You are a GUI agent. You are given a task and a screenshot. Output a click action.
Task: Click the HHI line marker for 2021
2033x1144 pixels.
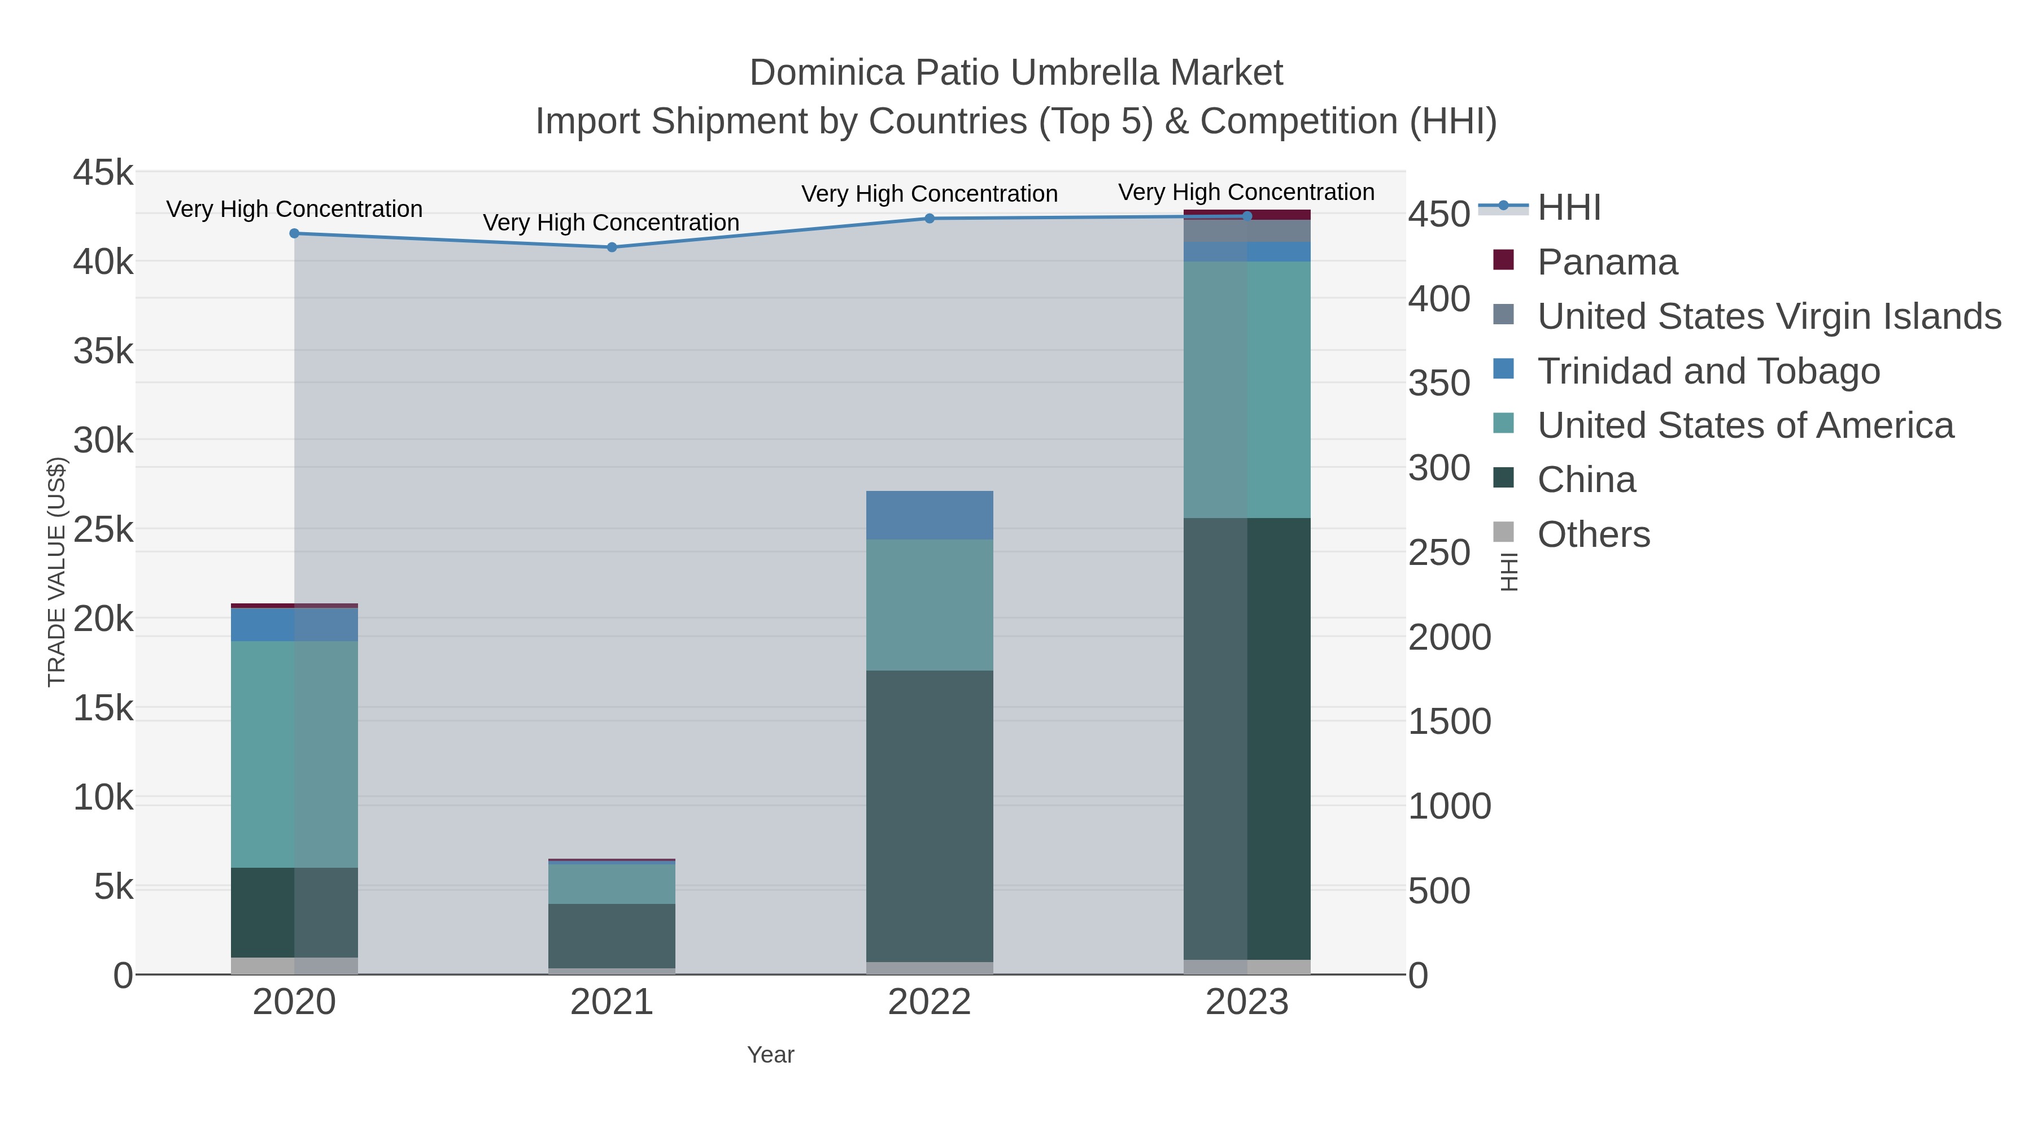(612, 247)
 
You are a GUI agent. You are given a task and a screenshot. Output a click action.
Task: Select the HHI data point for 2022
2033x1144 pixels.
(929, 219)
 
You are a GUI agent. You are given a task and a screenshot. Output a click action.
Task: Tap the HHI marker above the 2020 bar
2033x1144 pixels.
(294, 234)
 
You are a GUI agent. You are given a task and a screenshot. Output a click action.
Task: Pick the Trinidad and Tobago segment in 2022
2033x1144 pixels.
(929, 515)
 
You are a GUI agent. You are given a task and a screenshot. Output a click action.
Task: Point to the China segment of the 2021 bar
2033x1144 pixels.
(612, 936)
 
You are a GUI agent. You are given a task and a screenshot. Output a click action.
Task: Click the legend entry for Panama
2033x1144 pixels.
(1607, 262)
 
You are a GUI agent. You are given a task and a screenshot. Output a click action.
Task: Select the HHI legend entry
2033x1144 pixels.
(1569, 208)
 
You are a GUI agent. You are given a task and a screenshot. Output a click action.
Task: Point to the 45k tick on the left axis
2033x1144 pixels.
(103, 173)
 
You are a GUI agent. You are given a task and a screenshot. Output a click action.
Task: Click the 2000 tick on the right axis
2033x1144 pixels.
(1450, 637)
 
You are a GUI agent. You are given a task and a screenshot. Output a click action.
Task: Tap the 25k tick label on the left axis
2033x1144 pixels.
(103, 530)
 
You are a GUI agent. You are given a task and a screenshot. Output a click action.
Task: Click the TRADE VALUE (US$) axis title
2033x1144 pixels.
(57, 572)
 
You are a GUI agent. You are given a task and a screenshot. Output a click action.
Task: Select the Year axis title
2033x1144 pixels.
(770, 1055)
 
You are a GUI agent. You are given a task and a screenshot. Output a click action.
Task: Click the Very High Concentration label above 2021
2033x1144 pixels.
(611, 223)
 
